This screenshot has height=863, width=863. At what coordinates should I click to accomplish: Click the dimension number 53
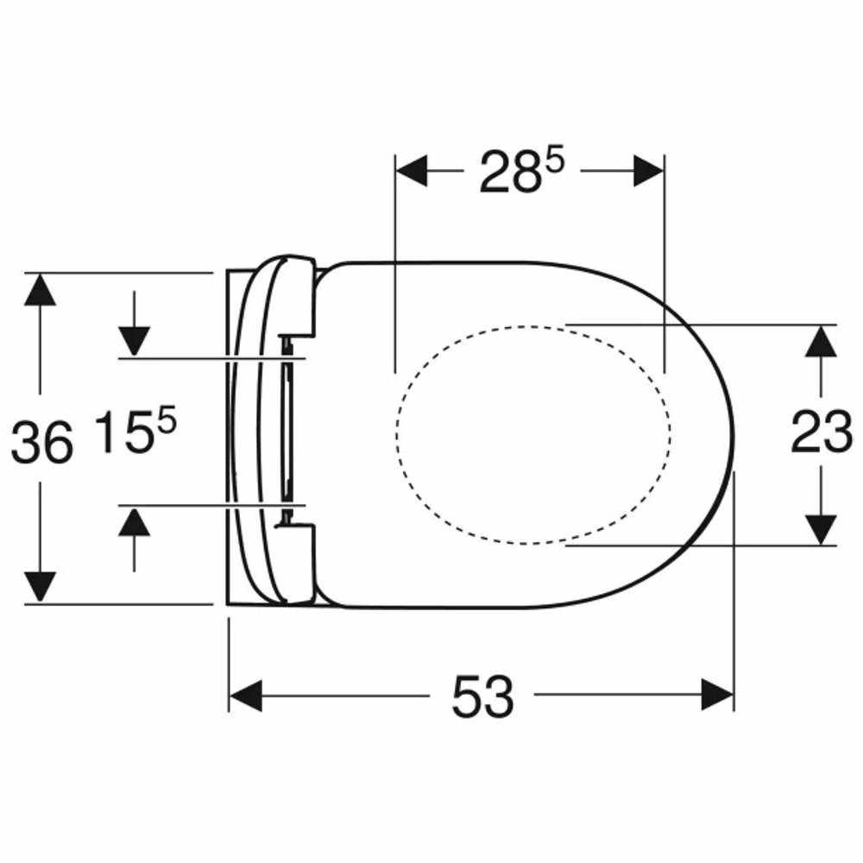click(482, 696)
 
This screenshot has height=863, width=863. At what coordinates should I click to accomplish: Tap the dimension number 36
click(41, 441)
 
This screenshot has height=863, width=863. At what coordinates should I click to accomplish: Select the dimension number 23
click(822, 432)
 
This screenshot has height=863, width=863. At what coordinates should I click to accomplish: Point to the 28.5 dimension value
click(522, 172)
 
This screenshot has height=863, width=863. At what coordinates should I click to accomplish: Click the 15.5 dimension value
click(135, 430)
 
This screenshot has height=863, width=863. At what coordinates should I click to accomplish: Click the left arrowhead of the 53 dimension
click(245, 695)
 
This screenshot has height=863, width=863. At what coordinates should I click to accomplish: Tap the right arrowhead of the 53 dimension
click(718, 695)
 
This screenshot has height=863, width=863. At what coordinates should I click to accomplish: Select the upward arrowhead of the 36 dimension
click(41, 289)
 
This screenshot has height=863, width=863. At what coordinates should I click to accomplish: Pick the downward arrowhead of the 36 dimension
click(41, 587)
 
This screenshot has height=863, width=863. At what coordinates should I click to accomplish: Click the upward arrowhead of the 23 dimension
click(821, 341)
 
